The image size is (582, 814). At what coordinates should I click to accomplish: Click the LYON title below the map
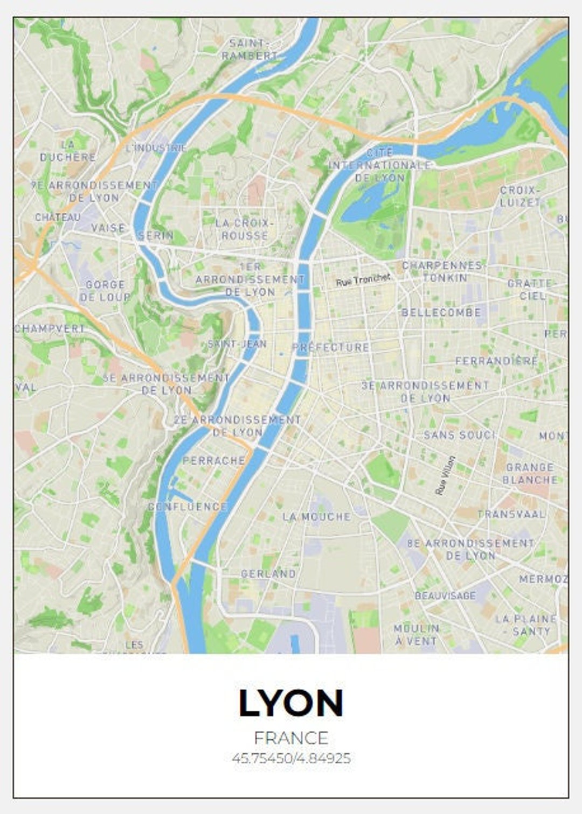tap(290, 703)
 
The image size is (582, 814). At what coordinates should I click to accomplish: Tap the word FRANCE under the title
tap(291, 738)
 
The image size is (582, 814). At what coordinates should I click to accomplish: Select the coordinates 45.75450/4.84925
tap(291, 758)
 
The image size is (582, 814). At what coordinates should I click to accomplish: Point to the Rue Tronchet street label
tap(363, 279)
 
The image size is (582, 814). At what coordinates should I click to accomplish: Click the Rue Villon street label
tap(445, 475)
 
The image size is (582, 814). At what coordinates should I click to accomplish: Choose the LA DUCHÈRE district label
tap(68, 151)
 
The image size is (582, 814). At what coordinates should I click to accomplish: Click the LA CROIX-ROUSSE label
tap(245, 229)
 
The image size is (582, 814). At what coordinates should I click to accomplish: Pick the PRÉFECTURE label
tap(331, 348)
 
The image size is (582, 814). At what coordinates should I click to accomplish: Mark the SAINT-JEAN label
tap(237, 343)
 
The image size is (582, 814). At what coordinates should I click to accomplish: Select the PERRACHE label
tap(214, 461)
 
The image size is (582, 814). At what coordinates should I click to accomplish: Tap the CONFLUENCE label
tap(188, 507)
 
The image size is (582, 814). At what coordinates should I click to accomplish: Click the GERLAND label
tap(268, 574)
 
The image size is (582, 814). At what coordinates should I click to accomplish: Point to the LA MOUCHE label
tap(317, 517)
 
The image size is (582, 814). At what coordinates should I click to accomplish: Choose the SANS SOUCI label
tap(459, 435)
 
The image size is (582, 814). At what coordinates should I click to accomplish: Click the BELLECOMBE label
tap(441, 312)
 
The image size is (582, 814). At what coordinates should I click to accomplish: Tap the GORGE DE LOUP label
tap(105, 291)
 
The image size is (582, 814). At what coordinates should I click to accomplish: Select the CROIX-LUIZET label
tap(519, 197)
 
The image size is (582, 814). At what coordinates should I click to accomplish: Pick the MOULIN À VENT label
tap(416, 635)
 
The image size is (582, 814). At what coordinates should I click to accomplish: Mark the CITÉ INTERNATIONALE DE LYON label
tap(380, 165)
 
